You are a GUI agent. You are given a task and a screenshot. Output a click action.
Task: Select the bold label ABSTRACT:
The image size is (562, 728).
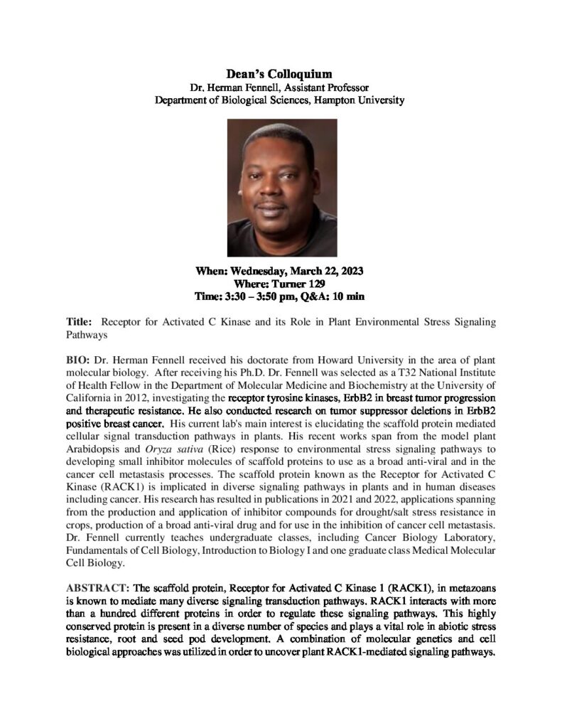98,587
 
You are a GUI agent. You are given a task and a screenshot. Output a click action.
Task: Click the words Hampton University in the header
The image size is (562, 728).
361,100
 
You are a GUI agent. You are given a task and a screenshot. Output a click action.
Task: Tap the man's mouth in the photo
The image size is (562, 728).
279,212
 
